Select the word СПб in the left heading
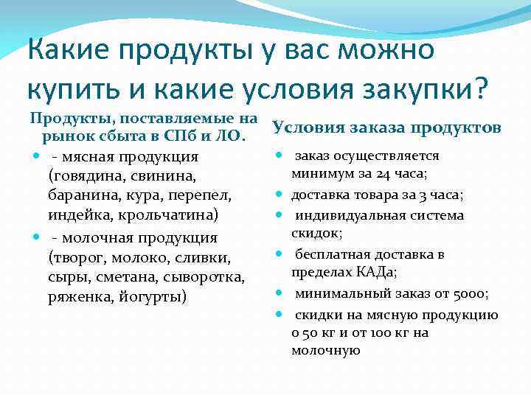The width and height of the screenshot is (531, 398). point(195,136)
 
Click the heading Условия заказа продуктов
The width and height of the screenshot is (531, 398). point(386,128)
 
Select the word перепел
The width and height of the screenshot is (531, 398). point(205,196)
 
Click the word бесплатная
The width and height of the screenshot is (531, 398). point(333,254)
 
